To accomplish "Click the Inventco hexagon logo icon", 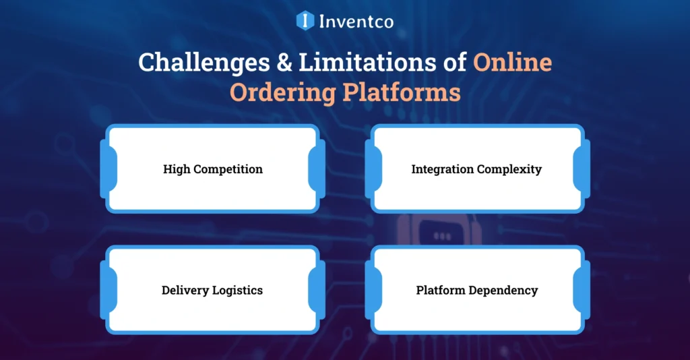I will pos(305,20).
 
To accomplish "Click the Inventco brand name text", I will pos(355,21).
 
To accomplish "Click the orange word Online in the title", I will pos(511,63).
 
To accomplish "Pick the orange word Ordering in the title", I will pos(281,93).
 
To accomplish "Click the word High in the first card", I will pos(177,169).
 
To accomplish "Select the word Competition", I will pos(228,169).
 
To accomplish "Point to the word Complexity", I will pos(509,169).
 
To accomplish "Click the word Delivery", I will pos(185,291).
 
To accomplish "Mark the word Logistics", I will pos(237,291).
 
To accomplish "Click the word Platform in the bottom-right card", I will pos(442,291).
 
